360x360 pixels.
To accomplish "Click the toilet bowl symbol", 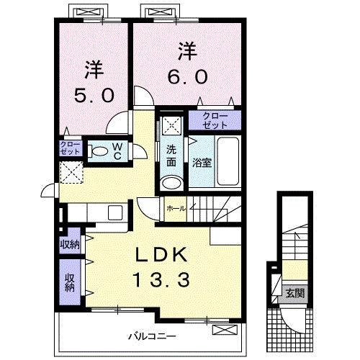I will click(97, 151).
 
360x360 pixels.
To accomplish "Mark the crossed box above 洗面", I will click(171, 123).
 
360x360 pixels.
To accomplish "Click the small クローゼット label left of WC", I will click(70, 149).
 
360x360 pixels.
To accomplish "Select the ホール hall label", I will click(176, 208).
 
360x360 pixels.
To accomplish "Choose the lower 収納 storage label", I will click(70, 282).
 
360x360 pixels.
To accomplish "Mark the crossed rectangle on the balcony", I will click(224, 330).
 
